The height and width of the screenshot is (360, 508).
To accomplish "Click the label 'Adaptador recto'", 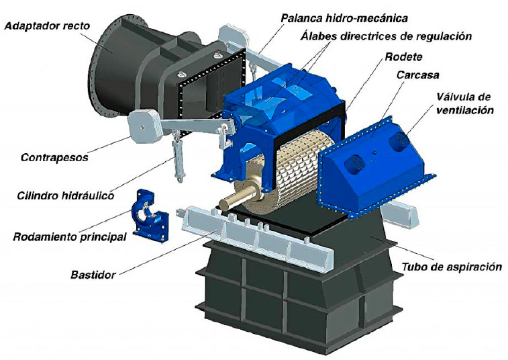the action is click(x=47, y=26).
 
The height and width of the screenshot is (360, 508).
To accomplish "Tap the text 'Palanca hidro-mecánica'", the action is click(x=344, y=18).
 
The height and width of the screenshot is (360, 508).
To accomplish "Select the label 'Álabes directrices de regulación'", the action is click(x=386, y=36).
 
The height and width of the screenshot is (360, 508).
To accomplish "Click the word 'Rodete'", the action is click(x=404, y=57).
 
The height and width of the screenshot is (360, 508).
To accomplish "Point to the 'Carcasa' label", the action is click(x=418, y=75).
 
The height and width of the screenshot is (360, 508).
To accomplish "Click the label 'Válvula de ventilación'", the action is click(x=464, y=103).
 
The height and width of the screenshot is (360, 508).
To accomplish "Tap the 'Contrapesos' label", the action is click(x=54, y=158).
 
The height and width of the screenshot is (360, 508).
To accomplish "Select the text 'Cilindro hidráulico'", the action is click(x=66, y=195).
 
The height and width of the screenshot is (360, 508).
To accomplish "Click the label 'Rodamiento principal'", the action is click(x=70, y=237).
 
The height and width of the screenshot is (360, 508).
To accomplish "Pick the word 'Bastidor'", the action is click(x=93, y=275).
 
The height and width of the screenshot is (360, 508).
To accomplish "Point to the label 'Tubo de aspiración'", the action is click(x=452, y=267).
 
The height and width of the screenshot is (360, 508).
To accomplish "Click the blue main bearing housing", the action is click(x=150, y=216).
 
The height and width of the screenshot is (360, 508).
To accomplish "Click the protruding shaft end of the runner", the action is click(x=235, y=199).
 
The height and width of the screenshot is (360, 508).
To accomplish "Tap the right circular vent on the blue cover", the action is click(x=399, y=141).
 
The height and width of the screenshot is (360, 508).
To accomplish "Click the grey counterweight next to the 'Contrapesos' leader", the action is click(x=143, y=126).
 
